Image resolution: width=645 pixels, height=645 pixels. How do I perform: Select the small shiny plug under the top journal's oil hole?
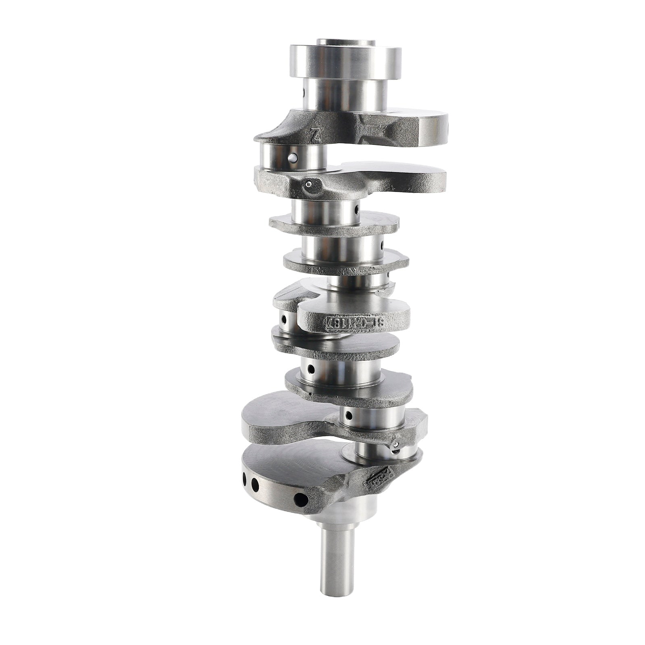(x=308, y=185)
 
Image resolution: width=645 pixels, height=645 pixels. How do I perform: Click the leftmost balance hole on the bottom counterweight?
(x=244, y=479)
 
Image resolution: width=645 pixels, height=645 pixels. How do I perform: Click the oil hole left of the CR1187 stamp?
(x=284, y=320)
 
